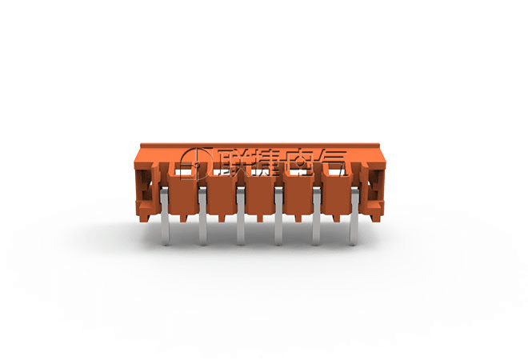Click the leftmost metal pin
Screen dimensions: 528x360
164,217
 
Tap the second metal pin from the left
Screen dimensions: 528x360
202,217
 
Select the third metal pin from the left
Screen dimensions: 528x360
241,217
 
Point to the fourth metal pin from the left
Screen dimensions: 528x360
278,217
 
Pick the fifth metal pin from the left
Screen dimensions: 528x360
317,217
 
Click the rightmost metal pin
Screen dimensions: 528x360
354,217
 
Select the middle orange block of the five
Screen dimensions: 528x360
259,195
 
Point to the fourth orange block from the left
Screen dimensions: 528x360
298,195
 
